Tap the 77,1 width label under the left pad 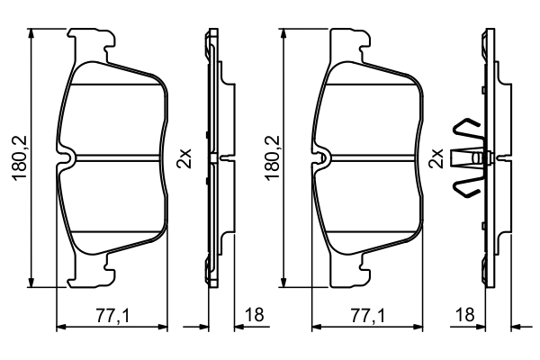114,315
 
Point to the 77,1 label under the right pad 366,315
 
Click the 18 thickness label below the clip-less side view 254,315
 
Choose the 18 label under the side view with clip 465,315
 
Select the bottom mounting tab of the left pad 94,274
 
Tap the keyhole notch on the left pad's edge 69,158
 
